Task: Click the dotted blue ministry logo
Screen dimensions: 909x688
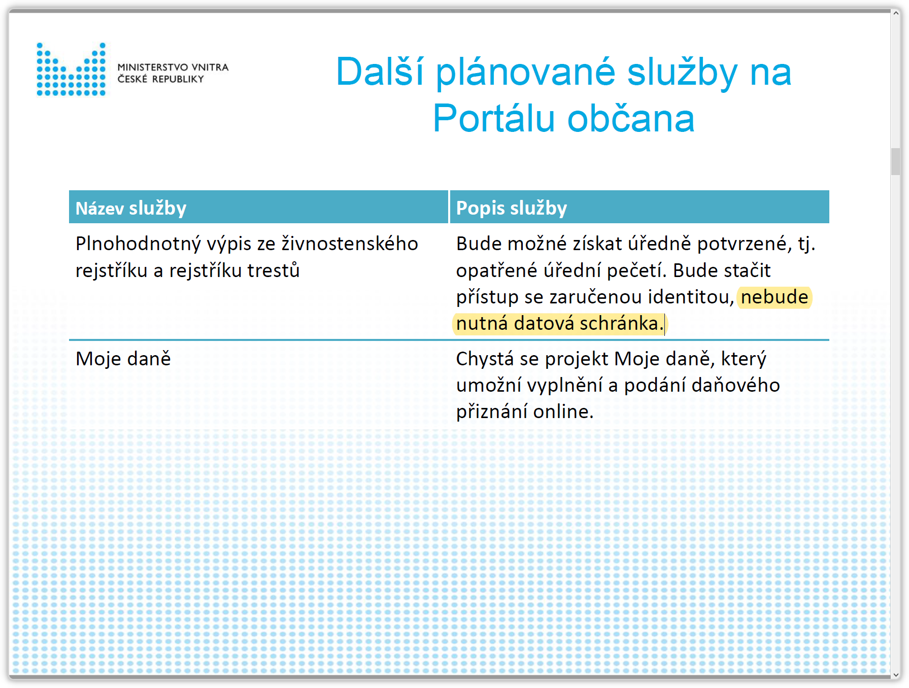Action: click(71, 70)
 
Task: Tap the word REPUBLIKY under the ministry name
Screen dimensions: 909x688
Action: click(178, 79)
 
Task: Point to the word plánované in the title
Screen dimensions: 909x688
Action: click(525, 73)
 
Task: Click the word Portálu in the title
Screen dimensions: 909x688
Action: click(494, 119)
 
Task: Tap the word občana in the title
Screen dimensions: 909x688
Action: click(631, 119)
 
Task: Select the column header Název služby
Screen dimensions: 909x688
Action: click(131, 209)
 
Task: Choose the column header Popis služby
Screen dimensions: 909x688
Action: click(512, 209)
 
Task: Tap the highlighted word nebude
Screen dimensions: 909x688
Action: click(775, 297)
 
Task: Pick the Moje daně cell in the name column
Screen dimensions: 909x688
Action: click(123, 359)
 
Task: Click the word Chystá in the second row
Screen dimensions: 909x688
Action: click(485, 359)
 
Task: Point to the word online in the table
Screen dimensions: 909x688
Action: click(563, 411)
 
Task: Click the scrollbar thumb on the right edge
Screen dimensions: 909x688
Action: click(896, 162)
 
